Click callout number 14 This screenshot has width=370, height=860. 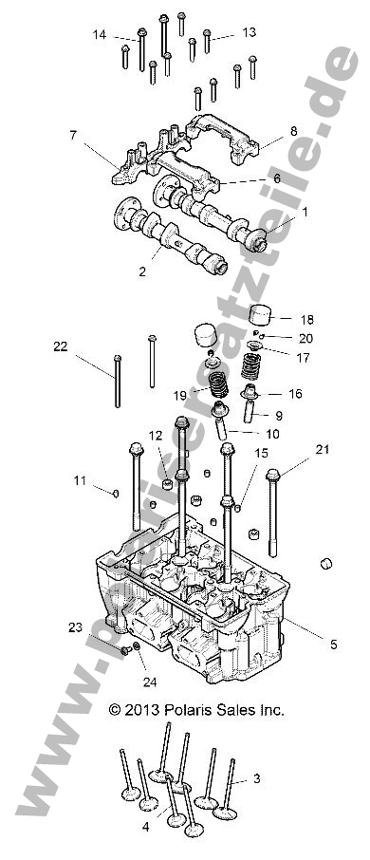point(100,35)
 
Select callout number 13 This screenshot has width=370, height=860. point(249,32)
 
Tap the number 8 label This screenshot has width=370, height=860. point(293,131)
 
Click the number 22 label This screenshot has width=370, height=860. point(61,346)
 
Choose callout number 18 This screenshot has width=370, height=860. point(306,320)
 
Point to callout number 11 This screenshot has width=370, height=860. point(81,480)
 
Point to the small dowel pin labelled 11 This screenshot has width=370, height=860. point(115,492)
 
